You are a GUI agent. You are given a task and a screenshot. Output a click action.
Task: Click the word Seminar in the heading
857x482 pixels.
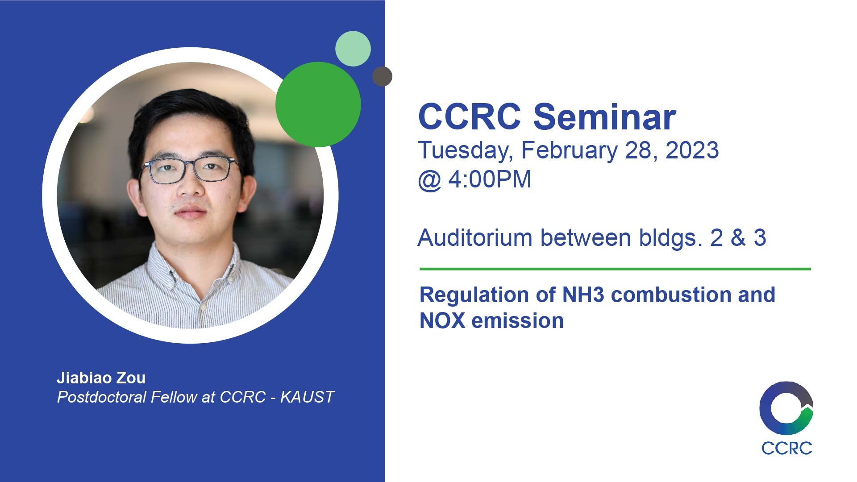coord(605,117)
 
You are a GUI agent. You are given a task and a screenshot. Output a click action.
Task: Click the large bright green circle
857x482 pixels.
coord(318,104)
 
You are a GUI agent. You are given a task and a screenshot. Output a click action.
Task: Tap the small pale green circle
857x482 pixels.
coord(353,49)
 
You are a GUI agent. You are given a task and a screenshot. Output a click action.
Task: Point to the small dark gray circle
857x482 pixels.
coord(382,76)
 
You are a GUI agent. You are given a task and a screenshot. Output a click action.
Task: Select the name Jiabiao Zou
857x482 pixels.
coord(101,378)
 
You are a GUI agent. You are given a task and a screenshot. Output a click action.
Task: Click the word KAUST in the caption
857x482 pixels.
coord(308,397)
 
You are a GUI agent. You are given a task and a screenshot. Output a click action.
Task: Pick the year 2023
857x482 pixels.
coord(692,150)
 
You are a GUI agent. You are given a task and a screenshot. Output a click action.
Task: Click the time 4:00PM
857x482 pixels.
coord(490,179)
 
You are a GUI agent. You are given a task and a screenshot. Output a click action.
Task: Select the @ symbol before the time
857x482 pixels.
coord(430,181)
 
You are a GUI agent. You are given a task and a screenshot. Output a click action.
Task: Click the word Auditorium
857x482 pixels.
coord(475,237)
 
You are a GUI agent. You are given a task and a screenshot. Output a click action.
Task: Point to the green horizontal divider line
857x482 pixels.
coord(615,269)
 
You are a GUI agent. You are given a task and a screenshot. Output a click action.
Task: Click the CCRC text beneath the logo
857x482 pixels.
coord(786,448)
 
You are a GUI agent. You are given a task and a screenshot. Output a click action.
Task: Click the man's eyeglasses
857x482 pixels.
coord(190,169)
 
